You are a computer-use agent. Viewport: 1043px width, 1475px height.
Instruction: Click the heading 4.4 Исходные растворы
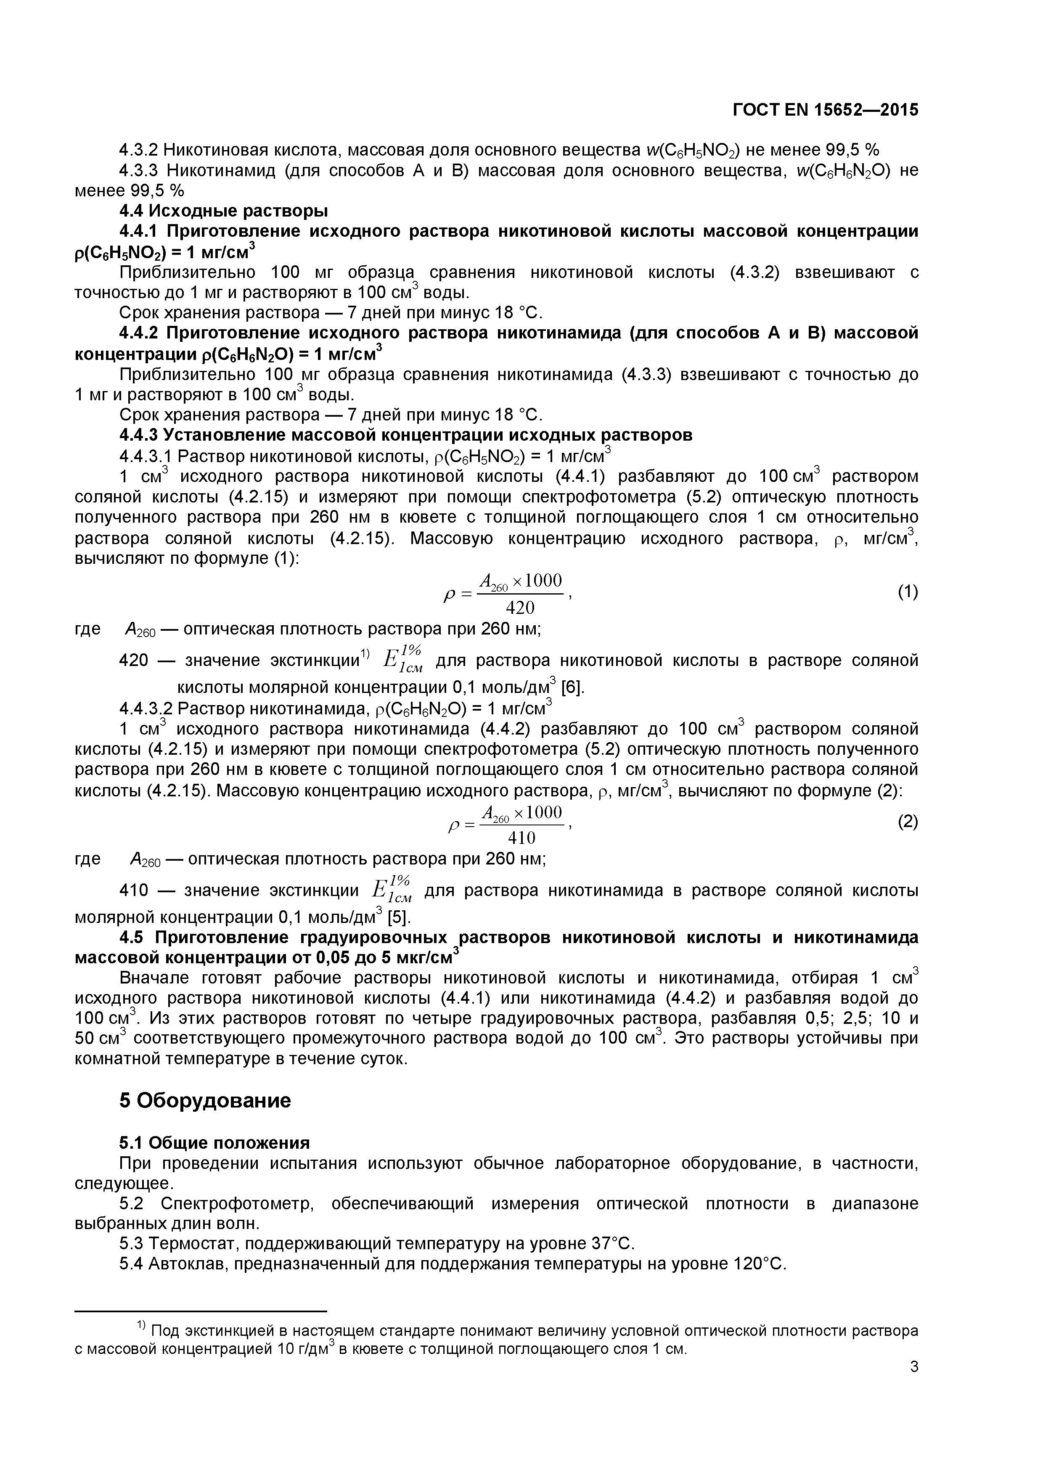click(x=223, y=211)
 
